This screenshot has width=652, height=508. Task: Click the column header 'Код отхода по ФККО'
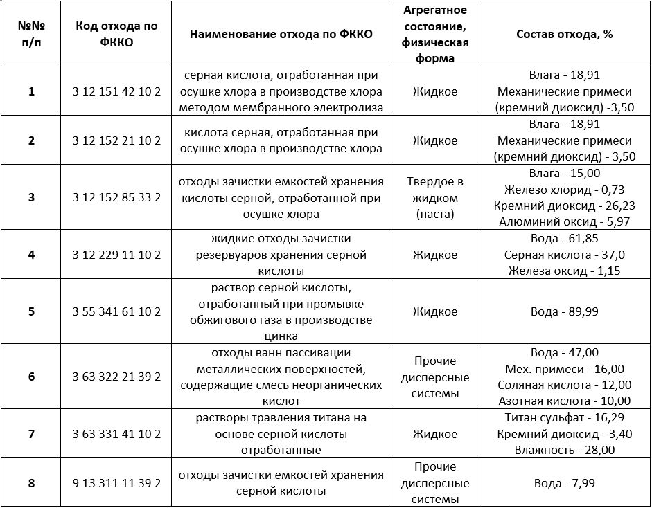pyautogui.click(x=116, y=34)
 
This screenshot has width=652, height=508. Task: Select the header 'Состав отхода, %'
pyautogui.click(x=564, y=34)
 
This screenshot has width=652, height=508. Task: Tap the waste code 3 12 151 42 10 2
pyautogui.click(x=116, y=91)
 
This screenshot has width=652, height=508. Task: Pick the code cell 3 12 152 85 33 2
pyautogui.click(x=116, y=197)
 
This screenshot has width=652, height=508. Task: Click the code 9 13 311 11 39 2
pyautogui.click(x=116, y=482)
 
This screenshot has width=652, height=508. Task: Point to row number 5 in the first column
pyautogui.click(x=31, y=311)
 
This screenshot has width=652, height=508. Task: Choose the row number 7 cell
pyautogui.click(x=31, y=434)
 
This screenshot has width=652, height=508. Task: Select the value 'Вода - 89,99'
pyautogui.click(x=564, y=311)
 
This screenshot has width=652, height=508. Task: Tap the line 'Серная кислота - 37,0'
pyautogui.click(x=564, y=255)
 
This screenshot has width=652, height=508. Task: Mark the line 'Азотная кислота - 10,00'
pyautogui.click(x=564, y=400)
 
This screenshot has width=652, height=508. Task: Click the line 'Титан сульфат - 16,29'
pyautogui.click(x=564, y=418)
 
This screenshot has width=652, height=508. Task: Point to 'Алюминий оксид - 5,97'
pyautogui.click(x=564, y=221)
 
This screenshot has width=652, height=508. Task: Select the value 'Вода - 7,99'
pyautogui.click(x=564, y=482)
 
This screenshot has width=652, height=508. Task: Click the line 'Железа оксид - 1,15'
pyautogui.click(x=564, y=270)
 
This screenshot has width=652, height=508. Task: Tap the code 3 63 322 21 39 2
pyautogui.click(x=116, y=377)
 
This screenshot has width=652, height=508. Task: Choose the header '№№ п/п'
pyautogui.click(x=31, y=34)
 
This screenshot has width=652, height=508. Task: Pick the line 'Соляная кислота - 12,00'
pyautogui.click(x=564, y=385)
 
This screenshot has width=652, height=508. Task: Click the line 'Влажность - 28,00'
pyautogui.click(x=564, y=450)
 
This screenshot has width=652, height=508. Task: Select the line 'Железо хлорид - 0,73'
pyautogui.click(x=564, y=189)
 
